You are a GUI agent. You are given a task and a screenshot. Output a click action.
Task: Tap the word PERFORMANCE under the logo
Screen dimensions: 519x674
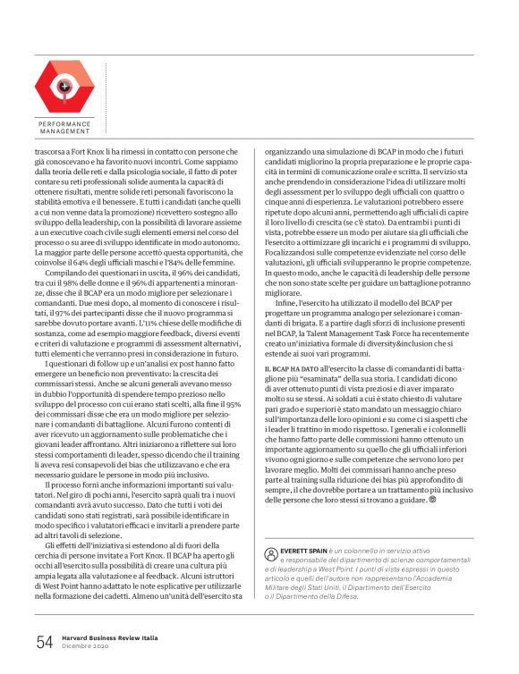(64, 124)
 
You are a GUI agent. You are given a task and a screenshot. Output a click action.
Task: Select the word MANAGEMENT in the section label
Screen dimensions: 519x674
(64, 131)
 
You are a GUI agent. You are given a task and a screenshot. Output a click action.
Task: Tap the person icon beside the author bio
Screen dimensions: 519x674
(272, 529)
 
